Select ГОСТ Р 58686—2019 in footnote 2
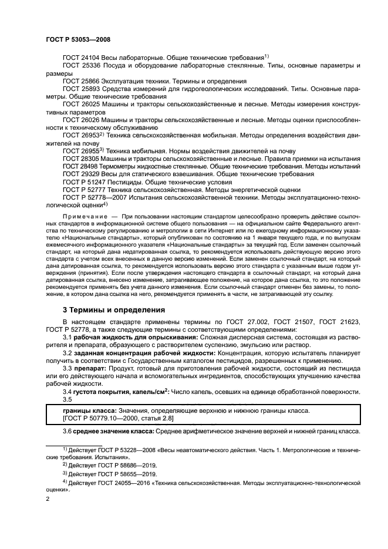click(x=115, y=463)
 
